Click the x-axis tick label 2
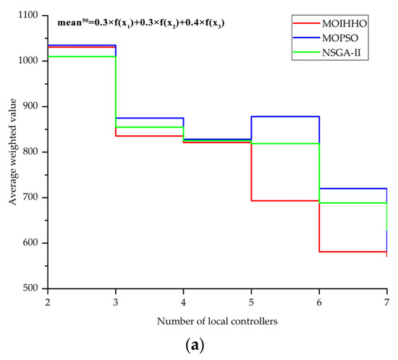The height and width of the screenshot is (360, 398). pos(48,299)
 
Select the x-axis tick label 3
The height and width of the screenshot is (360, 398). pos(116,299)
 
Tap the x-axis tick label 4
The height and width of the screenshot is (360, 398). pos(183,299)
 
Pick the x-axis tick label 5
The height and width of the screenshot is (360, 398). pos(251,299)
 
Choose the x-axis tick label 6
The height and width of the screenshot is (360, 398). pos(319,299)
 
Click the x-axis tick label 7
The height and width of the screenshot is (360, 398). pos(386,299)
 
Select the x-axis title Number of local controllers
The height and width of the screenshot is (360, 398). pos(217,320)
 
